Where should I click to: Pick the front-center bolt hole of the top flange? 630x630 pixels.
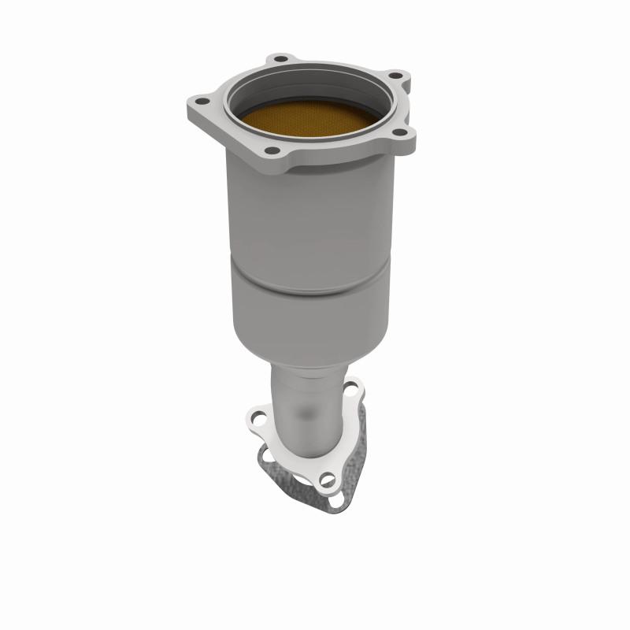271,150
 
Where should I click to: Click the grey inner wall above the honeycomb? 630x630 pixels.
315,89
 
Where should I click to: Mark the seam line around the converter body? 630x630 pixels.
315,272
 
